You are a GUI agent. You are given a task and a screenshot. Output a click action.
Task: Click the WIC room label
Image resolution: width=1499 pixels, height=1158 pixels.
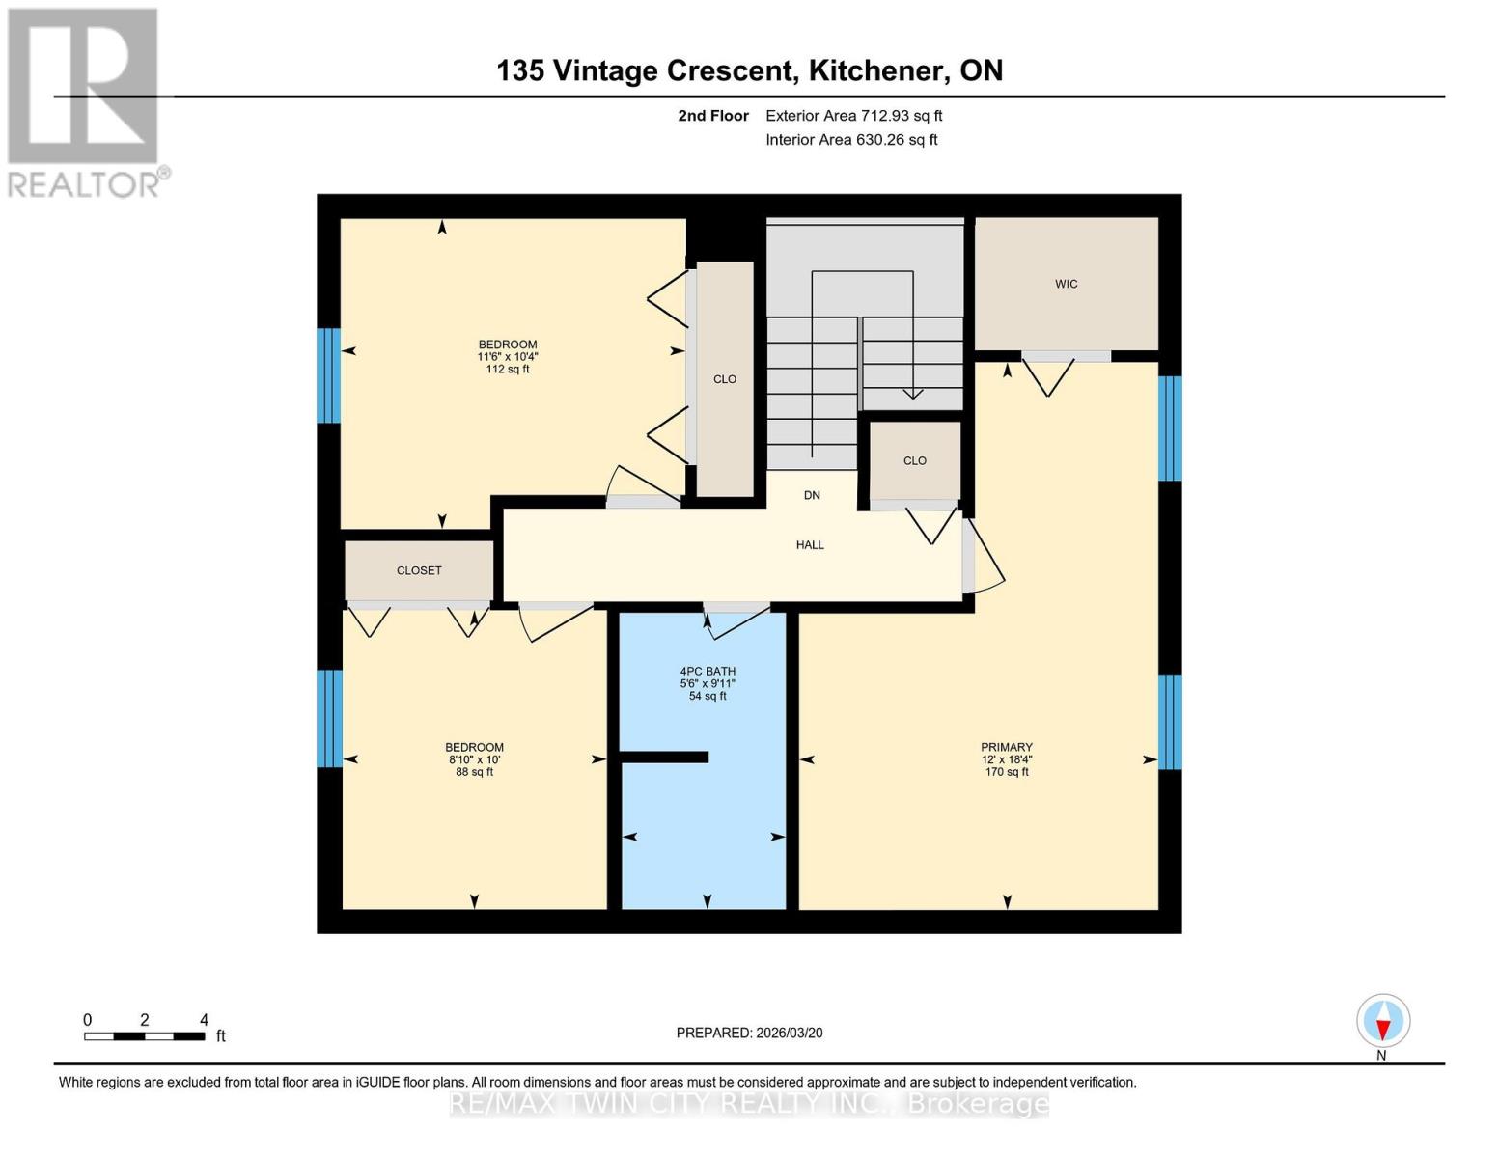tap(1066, 284)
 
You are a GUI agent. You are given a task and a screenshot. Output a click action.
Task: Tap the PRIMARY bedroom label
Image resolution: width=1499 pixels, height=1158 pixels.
tap(1007, 747)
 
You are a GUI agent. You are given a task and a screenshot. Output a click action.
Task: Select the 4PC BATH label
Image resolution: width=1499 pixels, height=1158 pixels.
tap(708, 672)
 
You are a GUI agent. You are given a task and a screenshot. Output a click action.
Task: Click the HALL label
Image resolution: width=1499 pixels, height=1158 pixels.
tap(810, 545)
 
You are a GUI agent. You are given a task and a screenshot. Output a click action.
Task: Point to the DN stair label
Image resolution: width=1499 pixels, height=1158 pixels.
tap(812, 495)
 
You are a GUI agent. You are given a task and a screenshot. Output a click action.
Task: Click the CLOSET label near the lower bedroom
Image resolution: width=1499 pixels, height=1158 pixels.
tap(419, 571)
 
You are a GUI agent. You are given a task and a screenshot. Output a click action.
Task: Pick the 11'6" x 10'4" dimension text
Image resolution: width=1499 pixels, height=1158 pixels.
tap(508, 357)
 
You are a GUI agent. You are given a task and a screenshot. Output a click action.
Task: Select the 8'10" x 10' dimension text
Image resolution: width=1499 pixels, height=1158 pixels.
tap(474, 759)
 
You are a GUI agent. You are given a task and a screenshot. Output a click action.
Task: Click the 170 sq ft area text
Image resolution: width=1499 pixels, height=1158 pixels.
tap(1007, 772)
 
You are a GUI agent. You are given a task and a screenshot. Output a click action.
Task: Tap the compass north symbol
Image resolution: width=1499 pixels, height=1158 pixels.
tap(1383, 1021)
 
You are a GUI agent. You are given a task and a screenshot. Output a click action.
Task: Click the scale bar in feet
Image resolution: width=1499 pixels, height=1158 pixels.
tap(145, 1036)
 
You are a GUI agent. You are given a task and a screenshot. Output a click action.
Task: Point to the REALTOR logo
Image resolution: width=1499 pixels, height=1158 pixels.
tap(84, 101)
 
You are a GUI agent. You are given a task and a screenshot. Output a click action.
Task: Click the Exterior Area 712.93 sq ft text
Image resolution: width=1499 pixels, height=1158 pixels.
tap(853, 116)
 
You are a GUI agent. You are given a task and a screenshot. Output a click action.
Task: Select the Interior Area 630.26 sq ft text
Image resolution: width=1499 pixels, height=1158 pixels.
tap(851, 140)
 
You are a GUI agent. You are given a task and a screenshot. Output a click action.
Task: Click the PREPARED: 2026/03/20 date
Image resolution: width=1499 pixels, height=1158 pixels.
tap(749, 1033)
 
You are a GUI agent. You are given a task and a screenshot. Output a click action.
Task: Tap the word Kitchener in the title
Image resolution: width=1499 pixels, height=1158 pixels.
tap(877, 70)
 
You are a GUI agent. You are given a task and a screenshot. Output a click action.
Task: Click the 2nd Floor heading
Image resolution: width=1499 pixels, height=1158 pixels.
tap(713, 116)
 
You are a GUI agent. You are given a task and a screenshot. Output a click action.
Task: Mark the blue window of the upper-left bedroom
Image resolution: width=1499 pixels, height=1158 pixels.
tap(329, 375)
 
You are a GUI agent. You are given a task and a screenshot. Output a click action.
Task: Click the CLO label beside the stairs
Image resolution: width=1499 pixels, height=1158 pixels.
tap(915, 461)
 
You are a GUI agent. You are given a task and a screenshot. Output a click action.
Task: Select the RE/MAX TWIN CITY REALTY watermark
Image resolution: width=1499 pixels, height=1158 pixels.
tap(749, 1103)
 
